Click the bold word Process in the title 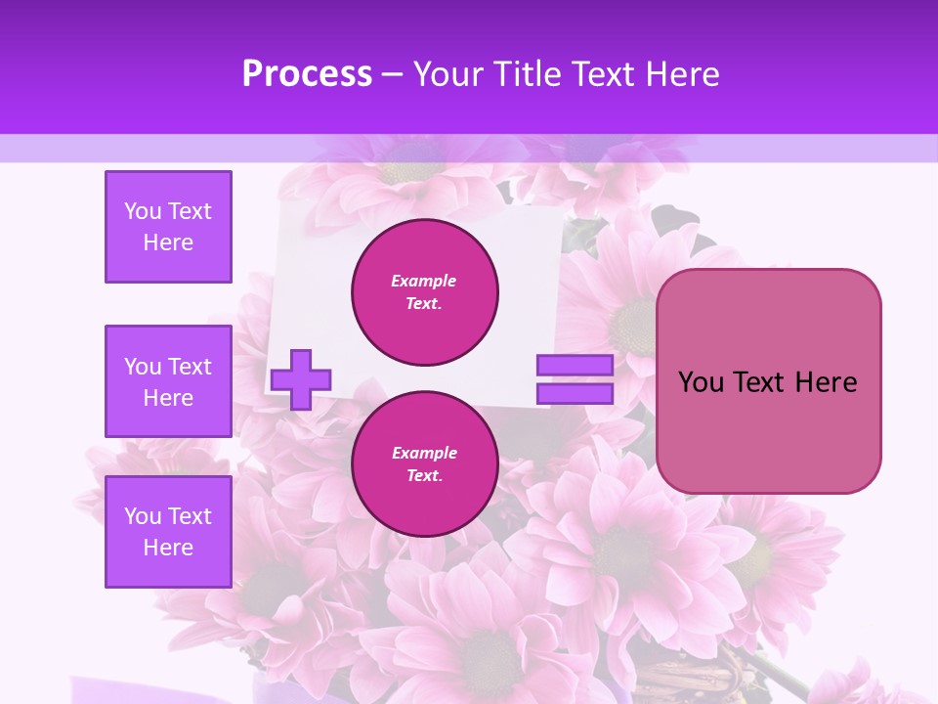pyautogui.click(x=307, y=74)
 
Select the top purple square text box pyautogui.click(x=168, y=227)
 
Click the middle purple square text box pyautogui.click(x=168, y=381)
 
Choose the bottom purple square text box pyautogui.click(x=168, y=532)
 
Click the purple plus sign pyautogui.click(x=301, y=379)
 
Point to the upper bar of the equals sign pyautogui.click(x=575, y=366)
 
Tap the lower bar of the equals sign pyautogui.click(x=575, y=394)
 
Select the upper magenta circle pyautogui.click(x=425, y=292)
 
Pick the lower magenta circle pyautogui.click(x=425, y=464)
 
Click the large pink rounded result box pyautogui.click(x=768, y=380)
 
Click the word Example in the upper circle pyautogui.click(x=424, y=281)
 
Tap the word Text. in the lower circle pyautogui.click(x=424, y=476)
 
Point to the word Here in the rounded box pyautogui.click(x=827, y=382)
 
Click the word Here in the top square pyautogui.click(x=168, y=242)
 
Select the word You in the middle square pyautogui.click(x=142, y=367)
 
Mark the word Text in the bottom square pyautogui.click(x=189, y=516)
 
